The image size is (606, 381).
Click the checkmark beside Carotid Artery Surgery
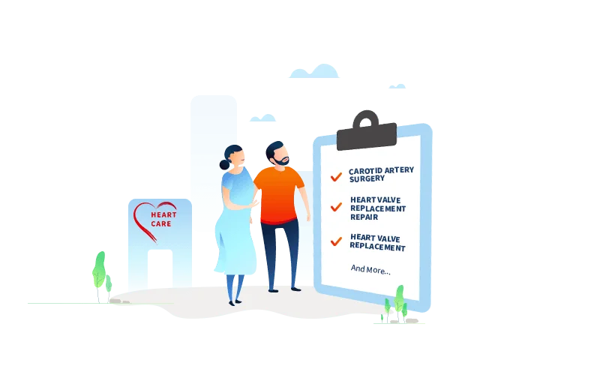[336, 177]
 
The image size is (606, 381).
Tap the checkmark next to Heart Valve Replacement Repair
[336, 206]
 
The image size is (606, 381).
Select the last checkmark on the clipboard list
[336, 241]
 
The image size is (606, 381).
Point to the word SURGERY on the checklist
[367, 180]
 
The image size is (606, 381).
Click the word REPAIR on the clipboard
[364, 217]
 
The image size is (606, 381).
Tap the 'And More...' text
[370, 269]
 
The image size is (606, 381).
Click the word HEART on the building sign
[163, 215]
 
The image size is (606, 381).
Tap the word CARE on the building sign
[160, 224]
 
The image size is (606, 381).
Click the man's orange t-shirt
[278, 193]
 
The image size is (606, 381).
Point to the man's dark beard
[280, 160]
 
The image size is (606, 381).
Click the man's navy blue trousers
[280, 251]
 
